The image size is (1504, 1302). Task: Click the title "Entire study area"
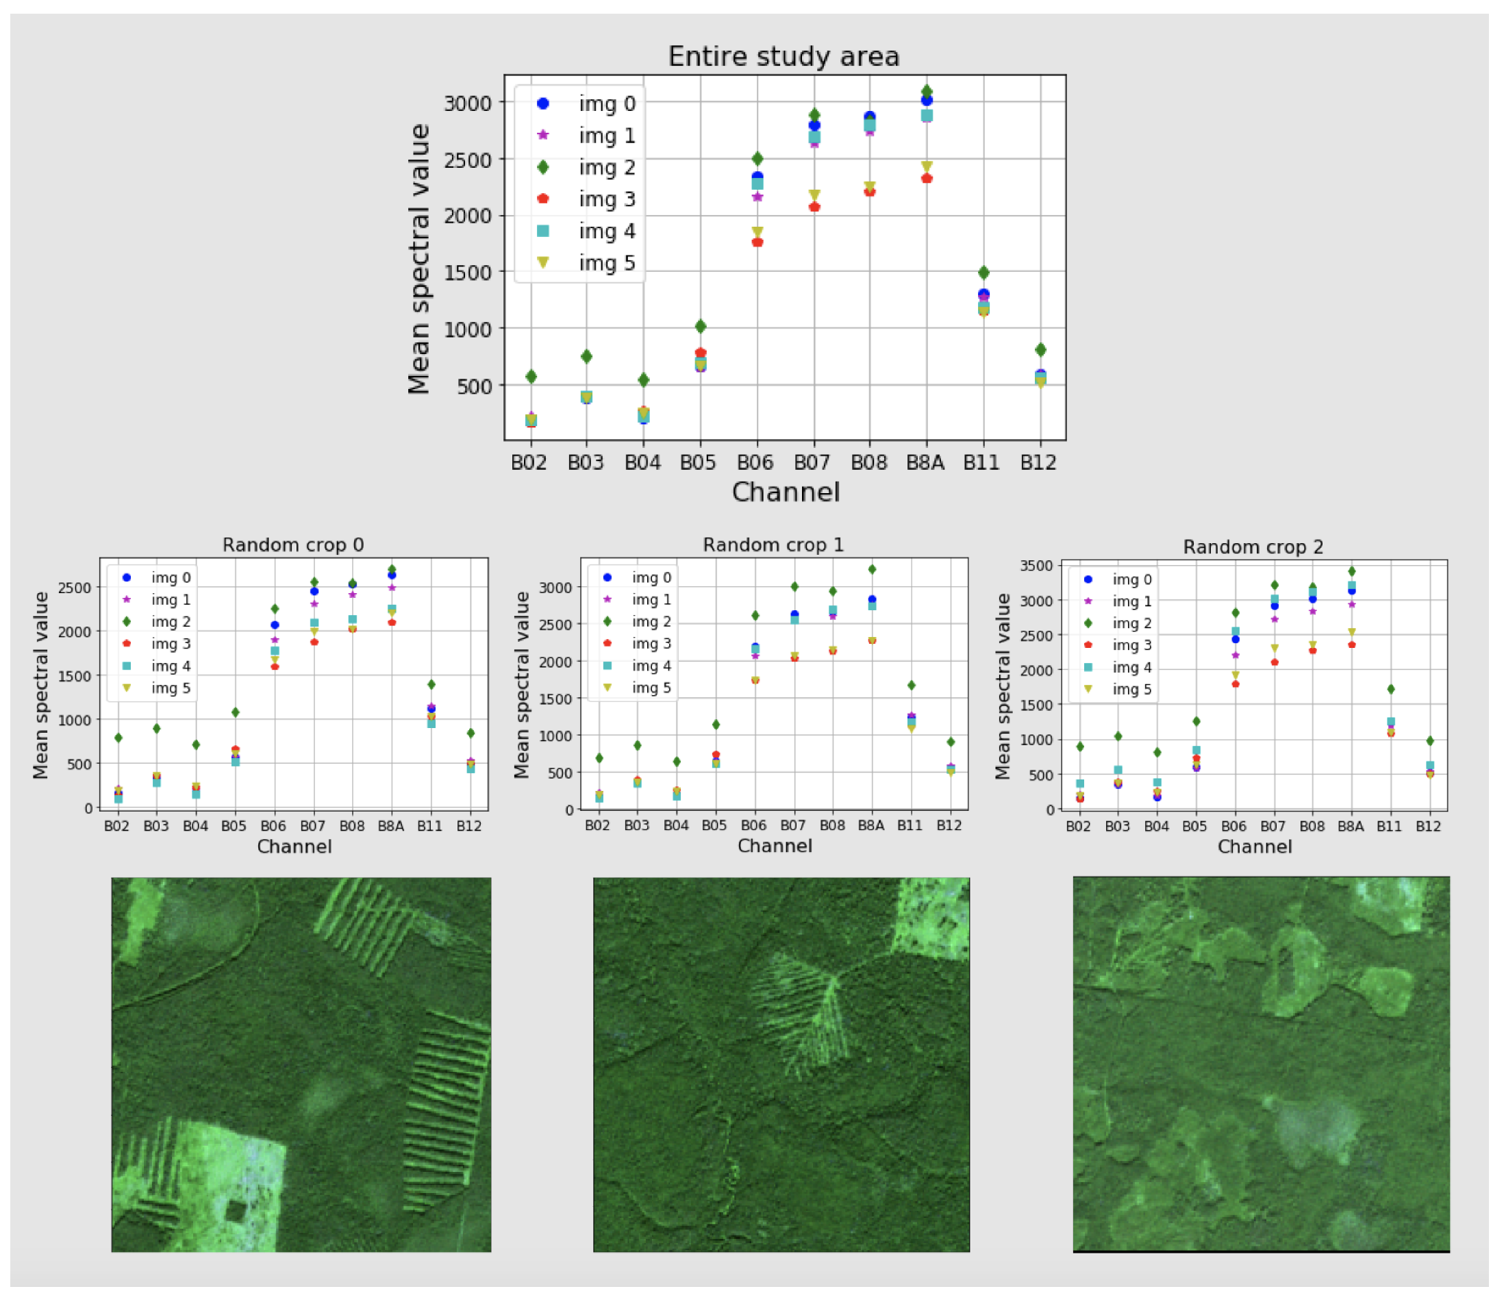[784, 57]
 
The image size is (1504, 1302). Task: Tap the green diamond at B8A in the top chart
[927, 92]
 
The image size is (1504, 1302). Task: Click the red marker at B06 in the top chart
[757, 242]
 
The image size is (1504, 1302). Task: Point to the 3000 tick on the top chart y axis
[468, 103]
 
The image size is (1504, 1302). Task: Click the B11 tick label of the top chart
[981, 463]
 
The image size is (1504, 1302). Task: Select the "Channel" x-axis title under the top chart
[786, 492]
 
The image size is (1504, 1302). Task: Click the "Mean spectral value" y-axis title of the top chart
[419, 259]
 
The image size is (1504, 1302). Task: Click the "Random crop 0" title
[293, 545]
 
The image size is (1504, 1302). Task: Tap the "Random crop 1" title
[773, 545]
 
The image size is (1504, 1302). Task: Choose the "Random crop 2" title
[1253, 547]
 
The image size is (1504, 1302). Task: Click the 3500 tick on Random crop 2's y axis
[1038, 566]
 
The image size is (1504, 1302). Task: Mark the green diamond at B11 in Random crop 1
[911, 685]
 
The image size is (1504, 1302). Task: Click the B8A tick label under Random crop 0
[391, 826]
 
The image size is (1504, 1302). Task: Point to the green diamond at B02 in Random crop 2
[1079, 746]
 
